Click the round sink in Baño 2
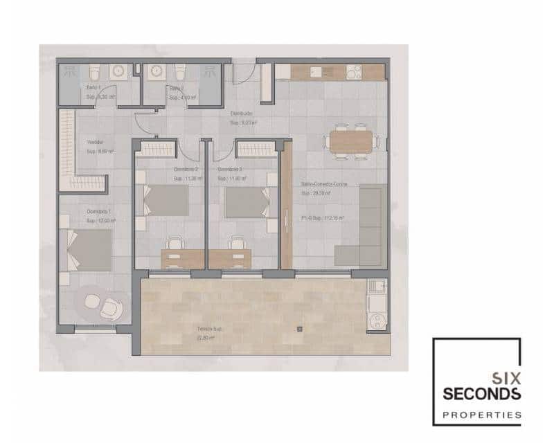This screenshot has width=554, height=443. coord(156,71)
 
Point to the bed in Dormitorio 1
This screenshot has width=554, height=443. coord(89,249)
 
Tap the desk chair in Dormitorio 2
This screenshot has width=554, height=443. coord(175,243)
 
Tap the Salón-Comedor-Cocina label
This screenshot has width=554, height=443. coord(325,184)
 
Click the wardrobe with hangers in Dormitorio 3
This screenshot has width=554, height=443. coord(256,148)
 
